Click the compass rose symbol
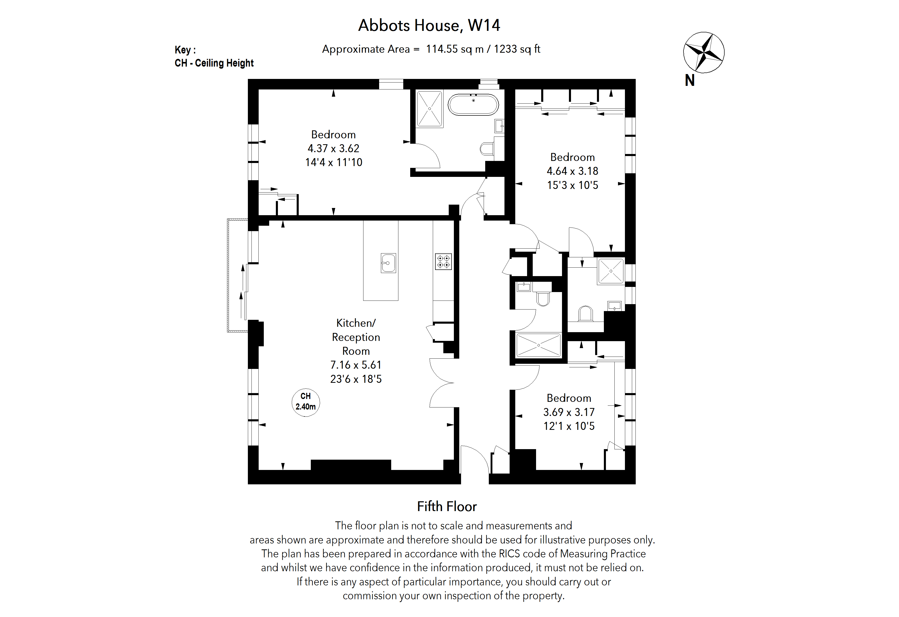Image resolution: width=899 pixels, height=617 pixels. [703, 52]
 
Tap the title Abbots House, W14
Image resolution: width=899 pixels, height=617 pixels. [429, 25]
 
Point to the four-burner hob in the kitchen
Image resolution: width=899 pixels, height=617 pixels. [443, 261]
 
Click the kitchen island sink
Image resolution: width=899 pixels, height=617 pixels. [388, 263]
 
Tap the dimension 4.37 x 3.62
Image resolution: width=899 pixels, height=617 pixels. [333, 148]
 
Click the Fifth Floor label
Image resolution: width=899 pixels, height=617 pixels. [447, 506]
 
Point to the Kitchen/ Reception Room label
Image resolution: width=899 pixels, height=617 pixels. [356, 337]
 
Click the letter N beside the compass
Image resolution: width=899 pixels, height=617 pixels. [690, 80]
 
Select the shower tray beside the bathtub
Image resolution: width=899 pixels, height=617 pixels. [429, 109]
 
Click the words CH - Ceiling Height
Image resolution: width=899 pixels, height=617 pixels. [214, 63]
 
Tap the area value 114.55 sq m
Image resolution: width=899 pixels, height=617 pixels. [455, 49]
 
